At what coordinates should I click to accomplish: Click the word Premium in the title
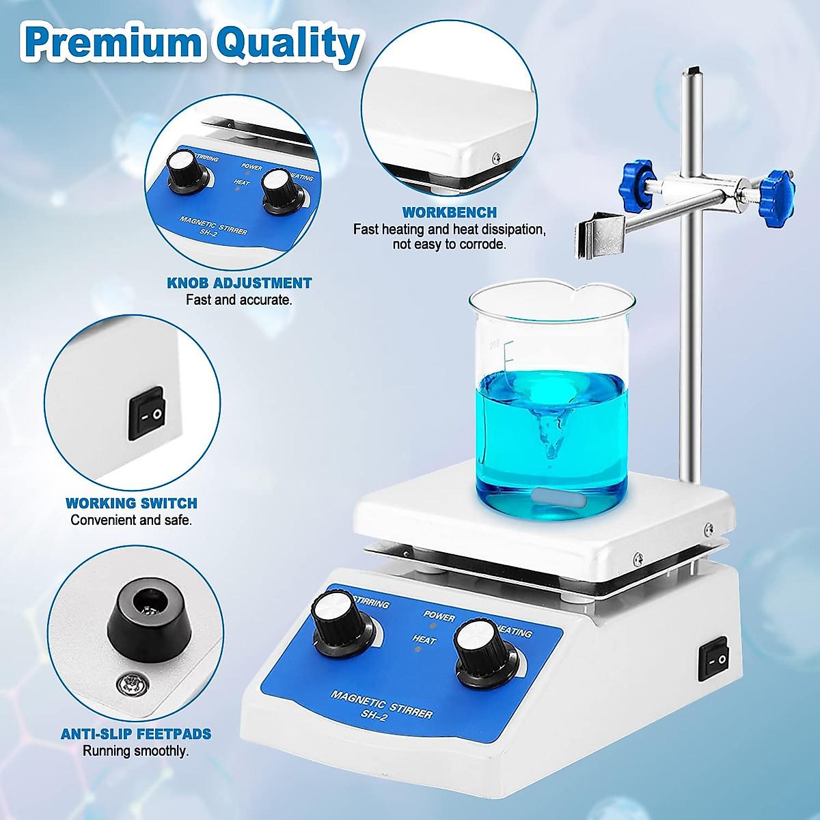[113, 44]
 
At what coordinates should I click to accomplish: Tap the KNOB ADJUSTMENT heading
[239, 283]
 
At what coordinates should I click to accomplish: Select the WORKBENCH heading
[449, 213]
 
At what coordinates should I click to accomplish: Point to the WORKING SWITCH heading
[131, 504]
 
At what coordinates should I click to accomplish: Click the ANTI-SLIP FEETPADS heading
[136, 735]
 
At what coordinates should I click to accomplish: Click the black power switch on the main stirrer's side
[714, 659]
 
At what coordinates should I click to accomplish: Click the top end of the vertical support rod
[693, 71]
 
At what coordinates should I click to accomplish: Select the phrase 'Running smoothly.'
[136, 751]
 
